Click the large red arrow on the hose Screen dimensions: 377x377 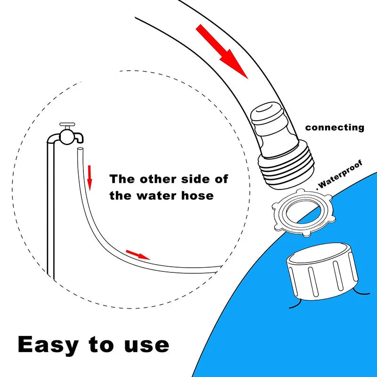coord(221,51)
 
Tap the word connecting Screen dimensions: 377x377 coord(335,128)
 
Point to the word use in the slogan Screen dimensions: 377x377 coord(147,345)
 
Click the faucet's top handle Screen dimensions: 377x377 coord(67,124)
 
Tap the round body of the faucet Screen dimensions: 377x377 coord(66,137)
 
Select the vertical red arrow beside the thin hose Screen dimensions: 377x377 coord(90,178)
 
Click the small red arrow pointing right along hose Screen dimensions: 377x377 coord(138,254)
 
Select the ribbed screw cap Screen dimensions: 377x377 coord(322,272)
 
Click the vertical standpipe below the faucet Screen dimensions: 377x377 coord(51,209)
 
